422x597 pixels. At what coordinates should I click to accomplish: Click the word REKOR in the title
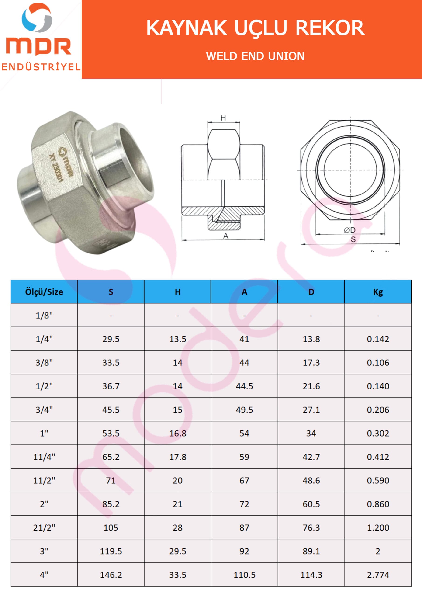330,28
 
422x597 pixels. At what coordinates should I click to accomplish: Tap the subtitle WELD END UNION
255,56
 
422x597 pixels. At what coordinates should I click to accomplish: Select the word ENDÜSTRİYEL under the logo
41,67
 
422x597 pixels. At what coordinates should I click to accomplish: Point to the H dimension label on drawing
223,118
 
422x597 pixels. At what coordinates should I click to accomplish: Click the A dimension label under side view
226,236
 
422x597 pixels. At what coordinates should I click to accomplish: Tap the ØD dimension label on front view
349,230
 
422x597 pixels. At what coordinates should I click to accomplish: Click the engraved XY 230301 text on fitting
55,168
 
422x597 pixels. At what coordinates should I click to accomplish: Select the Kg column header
378,292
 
